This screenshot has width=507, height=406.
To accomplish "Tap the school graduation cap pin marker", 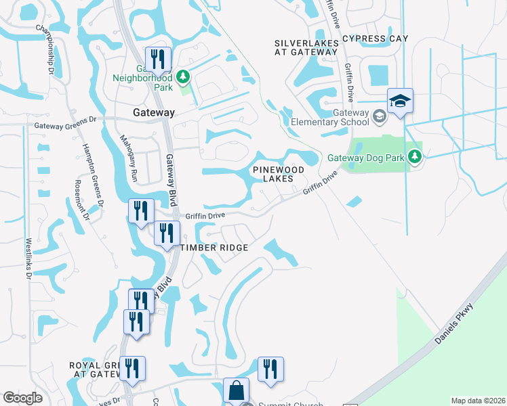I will click(x=400, y=102).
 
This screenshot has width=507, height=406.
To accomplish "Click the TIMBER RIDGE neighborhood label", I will click(x=214, y=248).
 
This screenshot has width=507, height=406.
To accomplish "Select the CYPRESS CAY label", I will click(x=376, y=39).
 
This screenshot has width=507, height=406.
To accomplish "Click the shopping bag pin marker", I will click(x=237, y=391).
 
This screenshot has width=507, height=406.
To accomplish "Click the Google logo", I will click(x=22, y=398).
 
